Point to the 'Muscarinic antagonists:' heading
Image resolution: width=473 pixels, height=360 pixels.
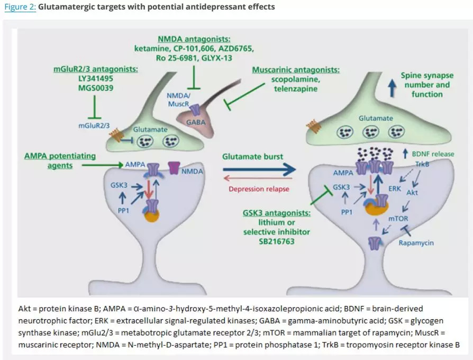pos(296,70)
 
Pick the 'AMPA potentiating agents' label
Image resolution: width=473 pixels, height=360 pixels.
pos(60,160)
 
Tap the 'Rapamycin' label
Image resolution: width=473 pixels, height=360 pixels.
pos(416,242)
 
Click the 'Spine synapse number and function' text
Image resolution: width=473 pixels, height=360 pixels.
pos(426,85)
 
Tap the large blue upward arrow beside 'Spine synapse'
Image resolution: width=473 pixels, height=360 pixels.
pos(392,85)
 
